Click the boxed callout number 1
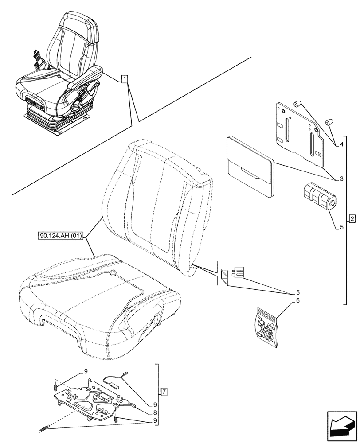(125, 79)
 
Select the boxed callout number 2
(352, 218)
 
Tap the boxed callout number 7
(164, 392)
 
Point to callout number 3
(342, 179)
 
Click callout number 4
(342, 144)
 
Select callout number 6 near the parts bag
(298, 301)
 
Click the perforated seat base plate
(96, 400)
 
